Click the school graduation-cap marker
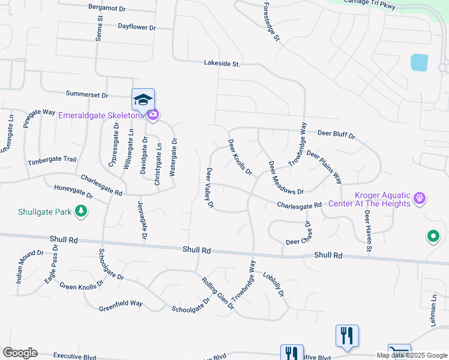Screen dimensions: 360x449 (x=143, y=99)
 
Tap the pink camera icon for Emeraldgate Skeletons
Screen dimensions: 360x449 (x=152, y=114)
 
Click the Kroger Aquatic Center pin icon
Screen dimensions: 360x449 (x=420, y=197)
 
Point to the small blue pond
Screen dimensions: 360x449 (x=419, y=62)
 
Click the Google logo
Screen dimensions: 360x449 (x=20, y=353)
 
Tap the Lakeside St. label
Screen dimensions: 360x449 (x=221, y=63)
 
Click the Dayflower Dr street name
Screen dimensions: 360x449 (x=136, y=27)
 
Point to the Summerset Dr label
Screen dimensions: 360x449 (x=86, y=95)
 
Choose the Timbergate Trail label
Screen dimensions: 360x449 (x=52, y=161)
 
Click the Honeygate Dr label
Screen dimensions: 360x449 (x=73, y=191)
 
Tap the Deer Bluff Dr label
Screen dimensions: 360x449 (x=336, y=134)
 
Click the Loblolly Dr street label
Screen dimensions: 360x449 (x=273, y=283)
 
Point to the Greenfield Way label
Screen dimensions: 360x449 (x=121, y=305)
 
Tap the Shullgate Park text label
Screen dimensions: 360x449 (x=44, y=211)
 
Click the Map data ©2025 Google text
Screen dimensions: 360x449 (x=412, y=355)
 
